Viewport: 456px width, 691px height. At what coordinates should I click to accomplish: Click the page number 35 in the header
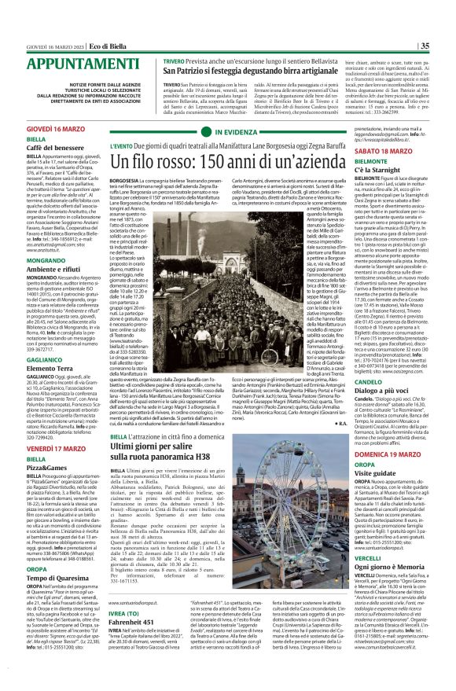[x=445, y=9]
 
